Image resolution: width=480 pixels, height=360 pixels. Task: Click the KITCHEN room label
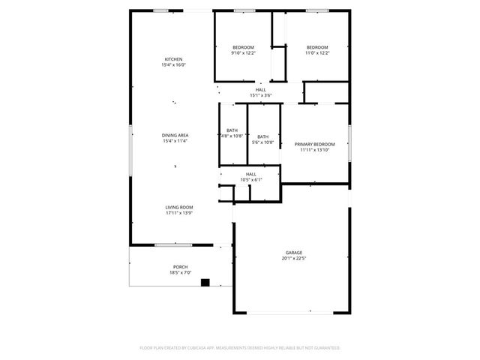click(x=173, y=59)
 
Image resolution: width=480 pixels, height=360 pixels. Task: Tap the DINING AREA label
click(x=174, y=135)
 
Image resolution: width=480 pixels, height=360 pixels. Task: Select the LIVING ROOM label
click(x=179, y=207)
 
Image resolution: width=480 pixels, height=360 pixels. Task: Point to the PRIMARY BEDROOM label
click(x=314, y=144)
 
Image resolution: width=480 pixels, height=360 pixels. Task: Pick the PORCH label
click(x=180, y=267)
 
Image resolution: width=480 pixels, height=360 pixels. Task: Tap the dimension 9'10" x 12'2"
click(x=243, y=53)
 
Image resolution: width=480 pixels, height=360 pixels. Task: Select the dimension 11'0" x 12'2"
click(x=317, y=53)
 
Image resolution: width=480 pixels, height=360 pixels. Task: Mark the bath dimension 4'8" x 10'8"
click(x=232, y=136)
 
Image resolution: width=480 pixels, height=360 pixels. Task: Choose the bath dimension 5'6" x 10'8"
click(x=262, y=142)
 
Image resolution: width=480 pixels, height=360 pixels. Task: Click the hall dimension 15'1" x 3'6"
click(x=260, y=95)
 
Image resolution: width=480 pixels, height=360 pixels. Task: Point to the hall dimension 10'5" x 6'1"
click(x=250, y=180)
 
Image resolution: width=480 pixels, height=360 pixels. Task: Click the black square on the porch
click(x=205, y=283)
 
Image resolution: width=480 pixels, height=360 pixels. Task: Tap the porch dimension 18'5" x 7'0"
click(x=180, y=273)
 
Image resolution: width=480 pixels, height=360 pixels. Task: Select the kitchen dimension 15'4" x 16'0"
click(x=173, y=65)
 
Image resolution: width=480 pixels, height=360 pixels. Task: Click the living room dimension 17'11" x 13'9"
click(x=179, y=213)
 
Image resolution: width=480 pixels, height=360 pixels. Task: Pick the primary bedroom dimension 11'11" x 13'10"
click(x=314, y=150)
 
